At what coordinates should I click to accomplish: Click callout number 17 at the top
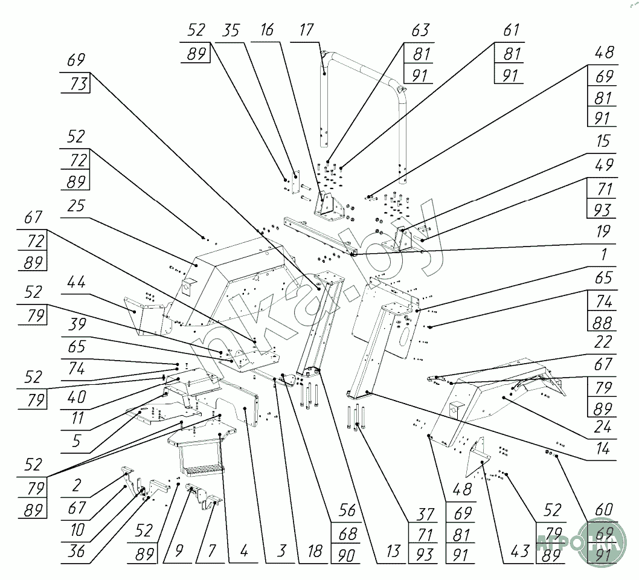click(307, 30)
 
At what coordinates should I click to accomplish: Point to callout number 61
click(510, 30)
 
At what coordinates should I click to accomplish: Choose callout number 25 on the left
click(75, 206)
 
